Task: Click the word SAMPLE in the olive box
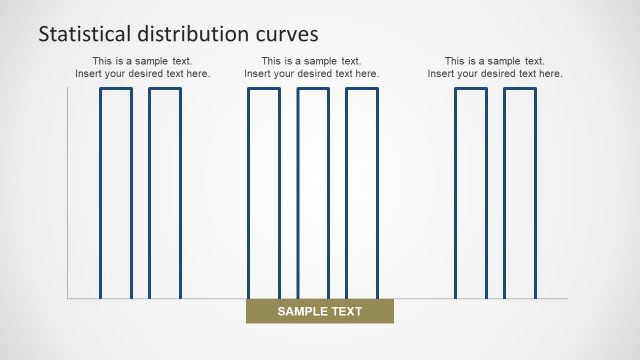coord(301,312)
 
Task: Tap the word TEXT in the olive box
coord(346,312)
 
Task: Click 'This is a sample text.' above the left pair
coord(143,61)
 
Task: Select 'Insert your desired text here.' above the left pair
coord(143,74)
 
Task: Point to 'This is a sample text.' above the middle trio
coord(312,61)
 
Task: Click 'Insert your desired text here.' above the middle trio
coord(312,74)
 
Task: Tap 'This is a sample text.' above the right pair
coord(495,61)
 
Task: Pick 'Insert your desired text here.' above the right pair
coord(495,74)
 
